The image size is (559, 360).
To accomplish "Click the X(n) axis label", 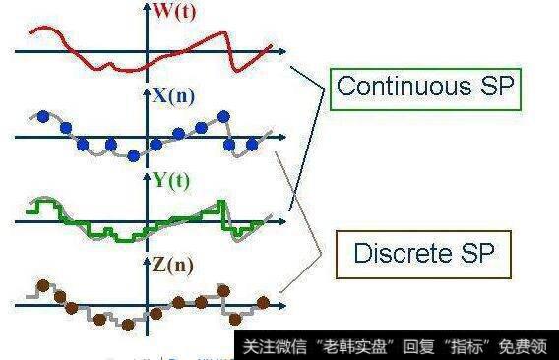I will pos(175,96).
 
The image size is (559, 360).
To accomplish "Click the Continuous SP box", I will pos(424,88).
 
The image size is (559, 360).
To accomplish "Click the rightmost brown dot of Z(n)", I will pos(263,301).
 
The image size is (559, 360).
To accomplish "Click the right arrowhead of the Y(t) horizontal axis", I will pos(284,221).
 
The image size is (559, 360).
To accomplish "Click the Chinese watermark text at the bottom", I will pos(394,347).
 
